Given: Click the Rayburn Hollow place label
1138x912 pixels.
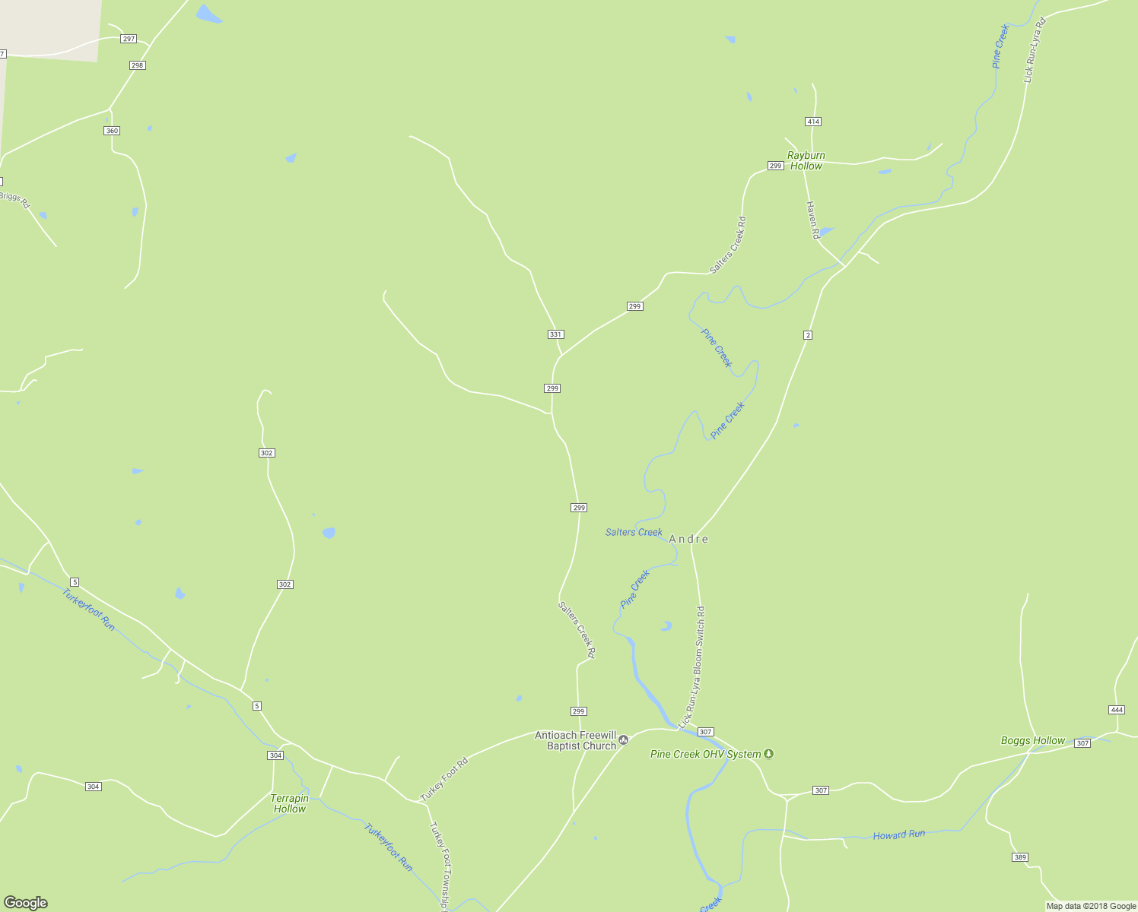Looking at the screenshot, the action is pyautogui.click(x=806, y=160).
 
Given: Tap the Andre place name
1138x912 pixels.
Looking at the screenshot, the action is pyautogui.click(x=688, y=539).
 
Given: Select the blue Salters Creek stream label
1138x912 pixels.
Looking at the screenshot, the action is pyautogui.click(x=634, y=532).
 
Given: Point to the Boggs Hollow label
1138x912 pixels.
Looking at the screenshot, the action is pyautogui.click(x=1032, y=740).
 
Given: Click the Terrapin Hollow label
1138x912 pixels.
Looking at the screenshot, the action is pyautogui.click(x=290, y=803).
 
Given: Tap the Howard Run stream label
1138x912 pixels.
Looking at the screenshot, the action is pyautogui.click(x=898, y=834).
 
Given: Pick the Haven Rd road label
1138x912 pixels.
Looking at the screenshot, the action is pyautogui.click(x=812, y=220).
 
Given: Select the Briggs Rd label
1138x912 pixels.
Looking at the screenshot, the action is pyautogui.click(x=14, y=200).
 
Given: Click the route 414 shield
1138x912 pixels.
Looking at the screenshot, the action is pyautogui.click(x=813, y=122).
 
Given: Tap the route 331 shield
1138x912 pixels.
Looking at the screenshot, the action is pyautogui.click(x=555, y=334).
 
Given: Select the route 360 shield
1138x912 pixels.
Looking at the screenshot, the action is pyautogui.click(x=112, y=131).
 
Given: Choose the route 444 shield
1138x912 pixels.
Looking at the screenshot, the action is pyautogui.click(x=1116, y=710).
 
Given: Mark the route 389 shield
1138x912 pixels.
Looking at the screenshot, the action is pyautogui.click(x=1020, y=857).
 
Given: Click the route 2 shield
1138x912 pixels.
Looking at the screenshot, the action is pyautogui.click(x=808, y=335).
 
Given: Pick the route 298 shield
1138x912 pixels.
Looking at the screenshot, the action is pyautogui.click(x=137, y=65).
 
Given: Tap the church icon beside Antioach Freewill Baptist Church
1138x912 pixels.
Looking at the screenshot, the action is pyautogui.click(x=624, y=740).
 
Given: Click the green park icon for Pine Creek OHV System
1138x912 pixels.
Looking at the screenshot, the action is pyautogui.click(x=769, y=754).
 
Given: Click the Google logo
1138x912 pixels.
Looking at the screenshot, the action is pyautogui.click(x=26, y=903).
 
